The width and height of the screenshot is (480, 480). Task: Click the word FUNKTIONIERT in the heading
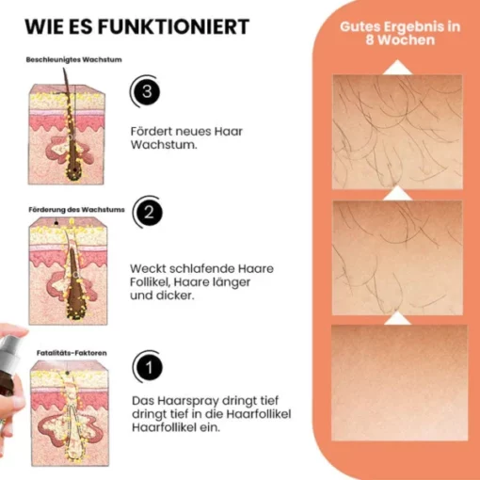[x=173, y=26]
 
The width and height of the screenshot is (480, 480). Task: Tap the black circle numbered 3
[x=147, y=91]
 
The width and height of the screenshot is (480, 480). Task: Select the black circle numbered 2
[x=149, y=213]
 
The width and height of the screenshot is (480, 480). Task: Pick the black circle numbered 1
[x=149, y=367]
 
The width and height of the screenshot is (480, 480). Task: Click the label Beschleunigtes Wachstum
[x=74, y=59]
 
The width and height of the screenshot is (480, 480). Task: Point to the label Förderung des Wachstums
[x=76, y=210]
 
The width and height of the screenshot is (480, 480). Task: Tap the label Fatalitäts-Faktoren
[x=72, y=353]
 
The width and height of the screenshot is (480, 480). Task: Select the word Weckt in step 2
[x=147, y=268]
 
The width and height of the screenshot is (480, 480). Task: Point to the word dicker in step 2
[x=175, y=296]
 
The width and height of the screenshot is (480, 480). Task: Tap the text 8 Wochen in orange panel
[x=400, y=40]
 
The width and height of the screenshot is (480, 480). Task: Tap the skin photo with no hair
[x=399, y=383]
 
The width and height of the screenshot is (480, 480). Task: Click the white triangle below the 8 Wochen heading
[x=397, y=67]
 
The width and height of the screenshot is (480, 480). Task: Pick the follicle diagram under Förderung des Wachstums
[x=68, y=271]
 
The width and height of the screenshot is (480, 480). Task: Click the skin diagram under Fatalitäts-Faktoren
[x=70, y=413]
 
